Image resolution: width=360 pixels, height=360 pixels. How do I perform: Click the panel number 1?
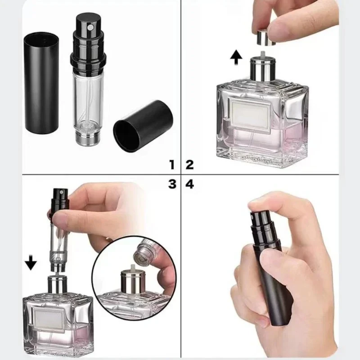[171, 164]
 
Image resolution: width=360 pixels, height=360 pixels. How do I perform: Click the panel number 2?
[189, 164]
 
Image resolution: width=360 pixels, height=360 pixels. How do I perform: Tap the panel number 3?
[171, 184]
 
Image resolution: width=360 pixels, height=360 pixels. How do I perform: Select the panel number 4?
[189, 184]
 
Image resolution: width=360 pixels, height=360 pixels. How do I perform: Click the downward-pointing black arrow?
[31, 263]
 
